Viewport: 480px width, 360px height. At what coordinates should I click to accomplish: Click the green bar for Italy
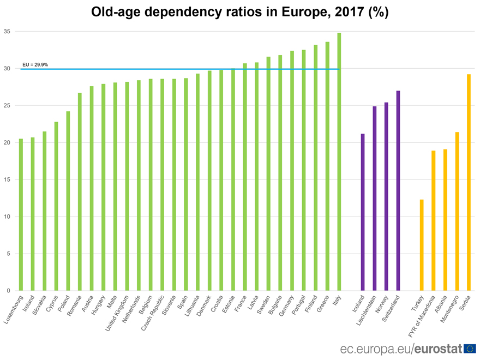[x=339, y=164]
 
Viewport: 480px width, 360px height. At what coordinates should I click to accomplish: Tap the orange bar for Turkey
[x=422, y=245]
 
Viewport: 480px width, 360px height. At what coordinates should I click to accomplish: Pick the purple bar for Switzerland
[x=398, y=191]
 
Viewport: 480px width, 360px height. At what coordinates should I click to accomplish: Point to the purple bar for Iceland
[x=363, y=212]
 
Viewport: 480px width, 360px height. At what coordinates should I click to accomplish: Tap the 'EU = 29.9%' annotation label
[x=35, y=64]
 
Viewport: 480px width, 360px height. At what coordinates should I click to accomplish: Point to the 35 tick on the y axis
[x=7, y=32]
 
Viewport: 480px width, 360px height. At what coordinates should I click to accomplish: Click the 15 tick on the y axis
[x=7, y=179]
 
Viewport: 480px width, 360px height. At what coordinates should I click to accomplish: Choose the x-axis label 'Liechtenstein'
[x=365, y=311]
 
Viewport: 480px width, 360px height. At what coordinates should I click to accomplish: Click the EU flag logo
[x=469, y=348]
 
